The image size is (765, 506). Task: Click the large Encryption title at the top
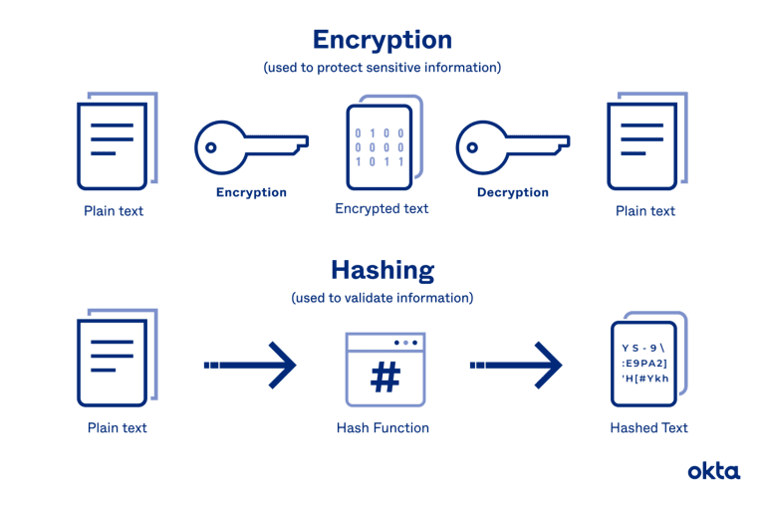pos(382,41)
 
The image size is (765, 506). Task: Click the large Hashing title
pos(382,271)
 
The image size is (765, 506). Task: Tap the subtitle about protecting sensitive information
pos(382,68)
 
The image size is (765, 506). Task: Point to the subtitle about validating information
pos(382,298)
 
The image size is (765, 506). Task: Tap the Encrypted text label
pos(382,209)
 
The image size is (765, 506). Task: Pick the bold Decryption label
pos(513,192)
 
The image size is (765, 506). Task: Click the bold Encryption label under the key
pos(251,192)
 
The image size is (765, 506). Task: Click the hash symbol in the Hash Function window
pos(385,378)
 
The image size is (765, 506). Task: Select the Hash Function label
pos(382,428)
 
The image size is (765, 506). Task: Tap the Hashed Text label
pos(648,428)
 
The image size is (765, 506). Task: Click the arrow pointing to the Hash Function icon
pos(250,365)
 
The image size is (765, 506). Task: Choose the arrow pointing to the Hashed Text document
pos(516,365)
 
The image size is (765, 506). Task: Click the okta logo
pos(714,471)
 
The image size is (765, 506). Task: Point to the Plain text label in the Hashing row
pos(118,428)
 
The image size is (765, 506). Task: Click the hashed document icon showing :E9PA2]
pos(648,360)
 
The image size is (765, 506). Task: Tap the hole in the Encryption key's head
pos(211,147)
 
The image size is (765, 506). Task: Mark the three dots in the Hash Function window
pos(405,343)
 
